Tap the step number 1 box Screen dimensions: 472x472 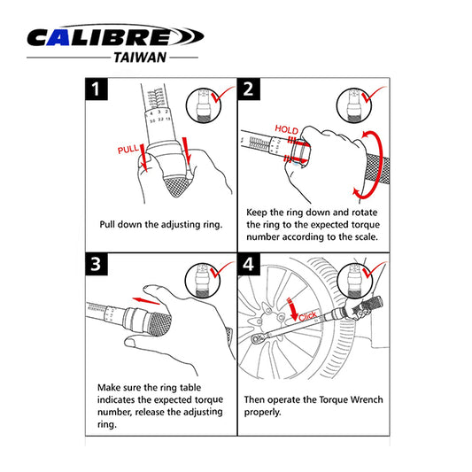tap(97, 89)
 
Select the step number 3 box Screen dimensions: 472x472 tap(97, 264)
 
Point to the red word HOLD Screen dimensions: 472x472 tap(286, 128)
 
